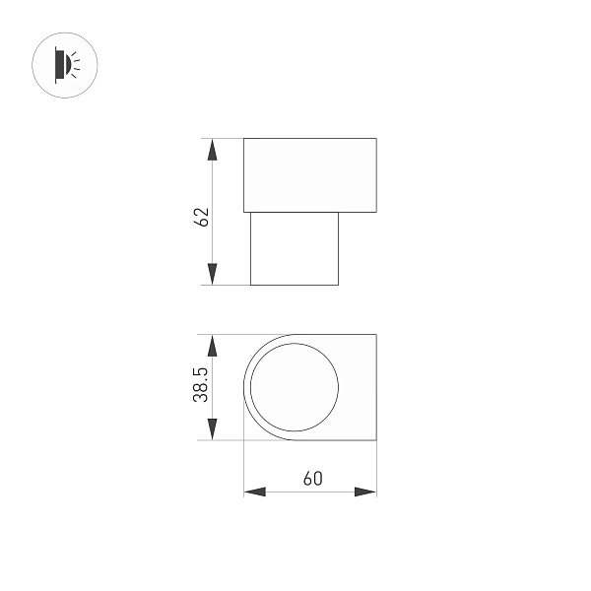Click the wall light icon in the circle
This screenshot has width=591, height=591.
tap(66, 66)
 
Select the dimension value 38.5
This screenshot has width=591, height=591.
tap(201, 385)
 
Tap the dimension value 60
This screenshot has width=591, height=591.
tap(312, 479)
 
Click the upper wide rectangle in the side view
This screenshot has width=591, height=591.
tap(310, 175)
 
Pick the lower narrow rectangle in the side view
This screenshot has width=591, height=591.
tap(295, 248)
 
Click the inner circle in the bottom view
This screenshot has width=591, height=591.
tap(295, 387)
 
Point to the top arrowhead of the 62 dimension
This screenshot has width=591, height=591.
tap(211, 150)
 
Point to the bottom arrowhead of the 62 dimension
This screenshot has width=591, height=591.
tap(211, 274)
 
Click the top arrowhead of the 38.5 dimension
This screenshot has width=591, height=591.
tap(211, 346)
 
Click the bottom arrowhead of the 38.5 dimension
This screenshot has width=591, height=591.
tap(211, 428)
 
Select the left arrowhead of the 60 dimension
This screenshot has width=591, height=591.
tap(255, 492)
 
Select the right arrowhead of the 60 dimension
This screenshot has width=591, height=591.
tap(365, 492)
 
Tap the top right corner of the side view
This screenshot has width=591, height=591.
tap(376, 139)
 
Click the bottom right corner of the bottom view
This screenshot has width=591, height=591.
tap(376, 439)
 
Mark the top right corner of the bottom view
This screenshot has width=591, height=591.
tap(376, 335)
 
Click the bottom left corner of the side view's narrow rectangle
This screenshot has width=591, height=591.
tap(251, 285)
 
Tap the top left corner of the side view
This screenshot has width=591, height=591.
tap(244, 139)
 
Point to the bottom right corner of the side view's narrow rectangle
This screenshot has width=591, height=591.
tap(338, 285)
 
